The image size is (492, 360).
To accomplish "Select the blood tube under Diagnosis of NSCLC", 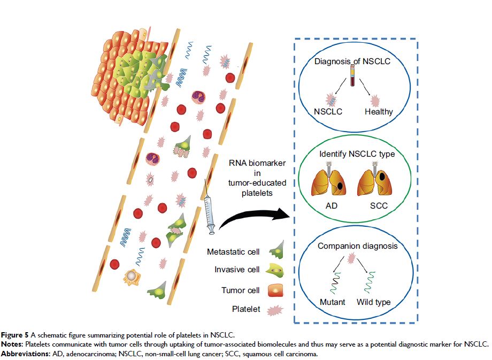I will [352, 80].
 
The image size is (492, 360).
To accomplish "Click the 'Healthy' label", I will [379, 112].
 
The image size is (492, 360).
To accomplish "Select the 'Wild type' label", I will [374, 302].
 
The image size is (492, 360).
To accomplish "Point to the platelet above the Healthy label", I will [376, 98].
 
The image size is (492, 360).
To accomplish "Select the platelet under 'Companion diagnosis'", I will [351, 259].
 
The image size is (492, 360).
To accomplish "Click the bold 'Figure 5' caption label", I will [16, 334].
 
